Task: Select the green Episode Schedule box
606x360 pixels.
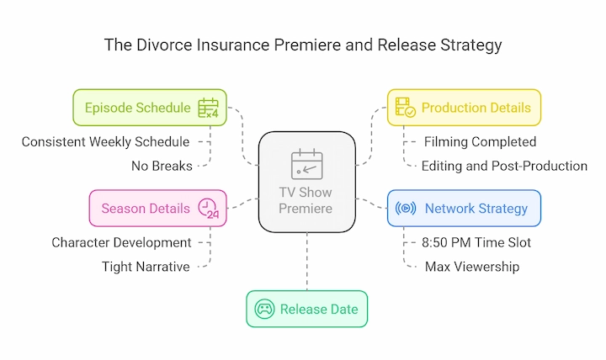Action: coord(150,108)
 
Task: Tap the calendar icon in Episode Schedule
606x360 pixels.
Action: coord(209,108)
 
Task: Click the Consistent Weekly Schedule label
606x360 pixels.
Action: coord(105,142)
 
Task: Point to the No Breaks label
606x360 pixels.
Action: coord(162,166)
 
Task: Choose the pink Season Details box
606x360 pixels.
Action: coord(157,209)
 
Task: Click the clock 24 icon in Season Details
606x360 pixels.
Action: coord(209,209)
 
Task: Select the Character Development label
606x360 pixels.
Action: coord(121,242)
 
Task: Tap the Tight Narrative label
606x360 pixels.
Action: coord(146,267)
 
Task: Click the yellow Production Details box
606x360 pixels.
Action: coord(464,108)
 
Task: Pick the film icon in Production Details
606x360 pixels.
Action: coord(405,108)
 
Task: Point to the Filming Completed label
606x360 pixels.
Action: coord(480,142)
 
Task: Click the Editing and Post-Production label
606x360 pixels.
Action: coord(504,166)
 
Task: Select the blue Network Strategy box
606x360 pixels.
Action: coord(464,209)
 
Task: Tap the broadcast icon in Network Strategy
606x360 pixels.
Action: coord(406,209)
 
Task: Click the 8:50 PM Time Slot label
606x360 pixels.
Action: coord(476,242)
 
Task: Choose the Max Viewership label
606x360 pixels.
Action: coord(472,267)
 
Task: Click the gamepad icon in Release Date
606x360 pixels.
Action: coord(264,309)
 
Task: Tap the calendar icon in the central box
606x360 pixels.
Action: coord(307,164)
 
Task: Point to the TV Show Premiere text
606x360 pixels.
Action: coord(306,200)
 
